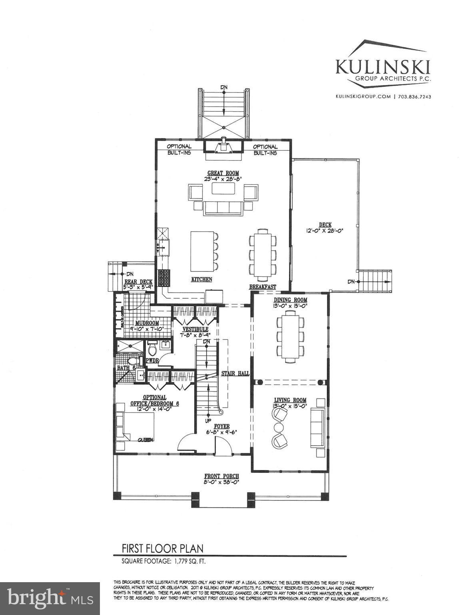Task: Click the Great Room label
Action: (223, 173)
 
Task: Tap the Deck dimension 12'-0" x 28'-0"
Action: (325, 231)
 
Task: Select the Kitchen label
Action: (201, 279)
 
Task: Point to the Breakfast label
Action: (263, 287)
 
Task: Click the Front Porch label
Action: (221, 476)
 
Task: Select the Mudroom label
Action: (147, 323)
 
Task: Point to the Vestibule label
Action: (193, 329)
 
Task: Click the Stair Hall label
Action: (235, 373)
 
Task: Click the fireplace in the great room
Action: (223, 146)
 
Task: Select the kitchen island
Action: (201, 251)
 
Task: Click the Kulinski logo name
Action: (383, 66)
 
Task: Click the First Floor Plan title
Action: (163, 549)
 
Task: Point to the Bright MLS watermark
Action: (50, 598)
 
